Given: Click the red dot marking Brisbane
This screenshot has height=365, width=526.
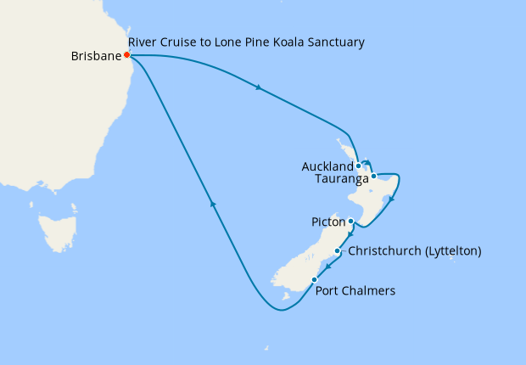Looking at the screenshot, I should point(126,55).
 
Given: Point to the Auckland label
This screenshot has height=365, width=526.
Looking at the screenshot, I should point(327,166).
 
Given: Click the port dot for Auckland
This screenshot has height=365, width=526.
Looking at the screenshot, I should point(359,166).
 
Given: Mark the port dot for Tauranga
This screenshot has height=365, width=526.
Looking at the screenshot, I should point(373,177).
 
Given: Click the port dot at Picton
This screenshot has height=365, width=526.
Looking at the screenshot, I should point(351,222).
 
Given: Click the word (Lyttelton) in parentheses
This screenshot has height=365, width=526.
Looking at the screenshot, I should point(453,251).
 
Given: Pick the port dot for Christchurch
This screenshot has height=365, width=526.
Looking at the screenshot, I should point(338,251).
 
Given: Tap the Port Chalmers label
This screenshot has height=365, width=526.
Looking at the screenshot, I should point(355,291).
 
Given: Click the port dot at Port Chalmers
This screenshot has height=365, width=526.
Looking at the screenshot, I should point(314,279).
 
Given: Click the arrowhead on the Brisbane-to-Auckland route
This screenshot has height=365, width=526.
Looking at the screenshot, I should point(257,87).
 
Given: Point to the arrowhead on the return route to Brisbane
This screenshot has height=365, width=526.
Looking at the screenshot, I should point(213,204).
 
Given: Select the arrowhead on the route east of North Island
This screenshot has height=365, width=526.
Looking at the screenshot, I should point(391,201).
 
